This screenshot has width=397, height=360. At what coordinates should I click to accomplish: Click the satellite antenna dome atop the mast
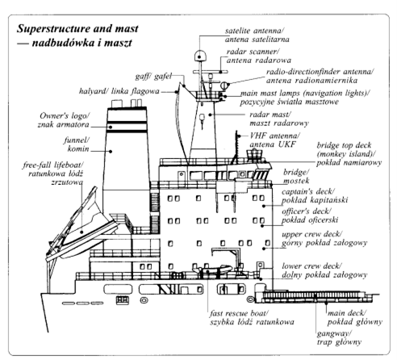[x=200, y=56]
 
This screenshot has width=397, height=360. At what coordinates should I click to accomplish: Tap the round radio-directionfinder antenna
[x=224, y=86]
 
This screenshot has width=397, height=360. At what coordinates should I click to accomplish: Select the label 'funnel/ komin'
[x=77, y=144]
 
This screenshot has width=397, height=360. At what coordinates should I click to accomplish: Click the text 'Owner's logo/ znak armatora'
[x=64, y=120]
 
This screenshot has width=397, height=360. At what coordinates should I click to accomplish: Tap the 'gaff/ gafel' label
[x=153, y=77]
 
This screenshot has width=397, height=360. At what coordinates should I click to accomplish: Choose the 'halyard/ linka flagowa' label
[x=119, y=91]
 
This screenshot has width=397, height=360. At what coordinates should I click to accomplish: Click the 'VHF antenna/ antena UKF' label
[x=274, y=140]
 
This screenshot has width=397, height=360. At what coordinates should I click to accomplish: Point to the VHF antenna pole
[x=236, y=147]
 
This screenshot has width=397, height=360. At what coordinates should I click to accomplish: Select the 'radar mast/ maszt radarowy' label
[x=279, y=119]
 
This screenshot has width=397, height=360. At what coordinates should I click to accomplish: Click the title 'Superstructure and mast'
[x=77, y=28]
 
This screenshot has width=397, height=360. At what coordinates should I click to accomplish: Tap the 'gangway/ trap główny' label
[x=339, y=338]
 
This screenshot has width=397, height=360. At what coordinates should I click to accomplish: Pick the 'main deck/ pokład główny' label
[x=354, y=317]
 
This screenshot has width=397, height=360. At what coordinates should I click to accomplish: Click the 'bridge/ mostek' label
[x=296, y=177]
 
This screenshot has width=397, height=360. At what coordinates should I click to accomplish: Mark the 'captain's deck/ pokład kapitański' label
[x=315, y=196]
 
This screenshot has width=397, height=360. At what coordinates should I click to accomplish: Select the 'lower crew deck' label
[x=311, y=266]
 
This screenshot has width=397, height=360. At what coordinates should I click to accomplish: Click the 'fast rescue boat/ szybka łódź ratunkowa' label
[x=252, y=317]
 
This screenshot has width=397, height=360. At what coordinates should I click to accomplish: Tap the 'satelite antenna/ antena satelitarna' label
[x=257, y=35]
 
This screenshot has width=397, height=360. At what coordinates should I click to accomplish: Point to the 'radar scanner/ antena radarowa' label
[x=259, y=56]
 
